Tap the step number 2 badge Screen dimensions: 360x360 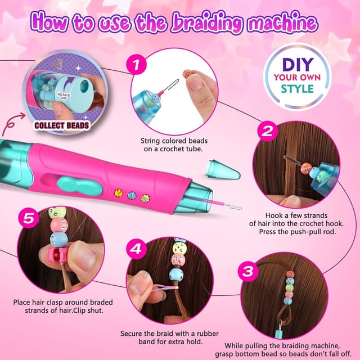(267, 132)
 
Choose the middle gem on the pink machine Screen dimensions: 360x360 (132, 195)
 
